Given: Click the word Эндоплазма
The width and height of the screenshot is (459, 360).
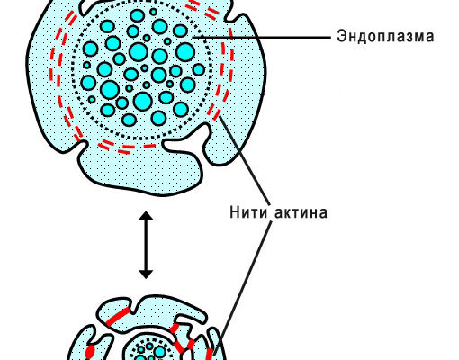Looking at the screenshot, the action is pos(385,36).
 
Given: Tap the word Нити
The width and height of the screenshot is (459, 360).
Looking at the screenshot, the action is pos(248,212).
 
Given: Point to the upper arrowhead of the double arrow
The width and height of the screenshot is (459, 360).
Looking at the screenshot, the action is pos(146,216).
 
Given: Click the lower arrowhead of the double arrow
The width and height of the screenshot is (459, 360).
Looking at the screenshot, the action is pos(146,274).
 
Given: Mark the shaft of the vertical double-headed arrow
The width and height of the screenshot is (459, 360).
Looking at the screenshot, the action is pos(146,245).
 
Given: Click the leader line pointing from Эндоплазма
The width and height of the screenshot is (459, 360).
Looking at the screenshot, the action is pos(261,38).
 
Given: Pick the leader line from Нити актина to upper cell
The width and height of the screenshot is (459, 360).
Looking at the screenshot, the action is pos(245,160).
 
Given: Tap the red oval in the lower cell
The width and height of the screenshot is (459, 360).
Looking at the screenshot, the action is pos(90,351).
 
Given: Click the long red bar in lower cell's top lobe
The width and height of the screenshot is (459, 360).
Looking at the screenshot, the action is pos(119,317).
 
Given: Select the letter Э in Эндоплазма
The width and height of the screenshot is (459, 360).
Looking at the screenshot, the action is pos(341,36).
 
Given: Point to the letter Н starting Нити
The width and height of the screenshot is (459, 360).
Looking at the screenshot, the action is pos(235,212).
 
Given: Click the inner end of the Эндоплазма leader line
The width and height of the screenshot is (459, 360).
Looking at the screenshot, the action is pos(193,38).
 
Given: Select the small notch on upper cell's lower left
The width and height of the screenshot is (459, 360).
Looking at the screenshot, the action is pos(80,146).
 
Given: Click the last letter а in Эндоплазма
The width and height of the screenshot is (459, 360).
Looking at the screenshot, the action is pos(429,37).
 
